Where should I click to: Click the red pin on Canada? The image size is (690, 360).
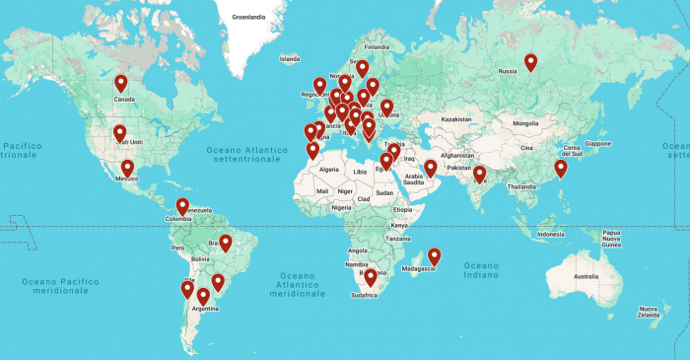(121, 84)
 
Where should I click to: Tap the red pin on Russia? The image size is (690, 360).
(530, 62)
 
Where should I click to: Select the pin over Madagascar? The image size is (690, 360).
(434, 256)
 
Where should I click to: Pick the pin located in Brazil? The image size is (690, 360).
(225, 243)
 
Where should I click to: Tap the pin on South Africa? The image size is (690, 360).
(371, 278)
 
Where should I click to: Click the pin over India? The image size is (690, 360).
(480, 175)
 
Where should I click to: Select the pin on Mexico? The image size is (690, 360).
(127, 169)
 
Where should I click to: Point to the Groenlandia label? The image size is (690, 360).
(249, 18)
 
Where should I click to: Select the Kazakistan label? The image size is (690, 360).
(457, 118)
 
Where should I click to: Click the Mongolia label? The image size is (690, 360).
(525, 123)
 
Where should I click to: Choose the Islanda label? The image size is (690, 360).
(289, 59)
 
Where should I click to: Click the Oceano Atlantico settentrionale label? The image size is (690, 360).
(246, 153)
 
